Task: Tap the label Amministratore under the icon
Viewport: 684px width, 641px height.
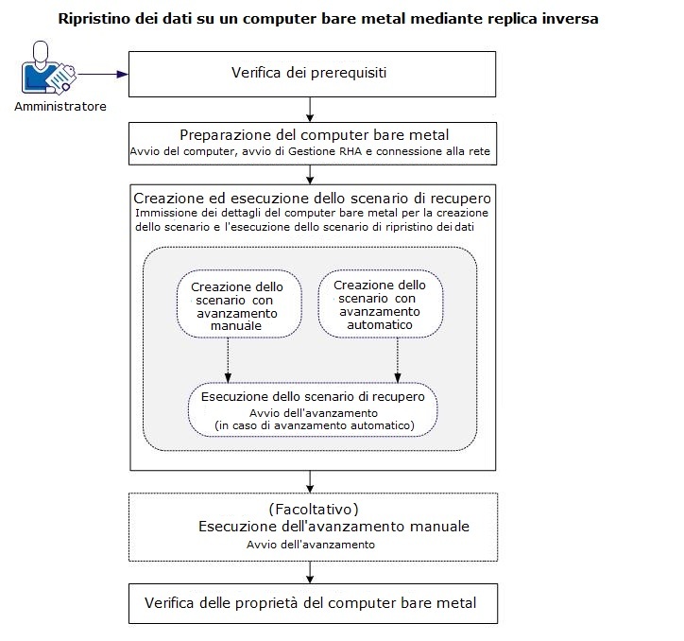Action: (60, 106)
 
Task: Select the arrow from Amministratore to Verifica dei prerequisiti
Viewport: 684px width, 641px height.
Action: (102, 75)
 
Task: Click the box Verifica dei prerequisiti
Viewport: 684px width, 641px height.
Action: (312, 74)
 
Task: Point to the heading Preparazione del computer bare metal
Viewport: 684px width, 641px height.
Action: (312, 134)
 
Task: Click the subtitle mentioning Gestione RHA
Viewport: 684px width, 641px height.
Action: (312, 151)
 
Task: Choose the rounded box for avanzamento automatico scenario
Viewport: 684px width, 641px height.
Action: (381, 304)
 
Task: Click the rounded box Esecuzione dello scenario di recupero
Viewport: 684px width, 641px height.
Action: (313, 409)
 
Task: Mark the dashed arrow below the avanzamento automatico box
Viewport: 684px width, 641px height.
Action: (397, 359)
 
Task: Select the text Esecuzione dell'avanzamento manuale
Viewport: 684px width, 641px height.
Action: (333, 526)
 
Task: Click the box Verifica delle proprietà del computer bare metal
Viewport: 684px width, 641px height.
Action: (312, 602)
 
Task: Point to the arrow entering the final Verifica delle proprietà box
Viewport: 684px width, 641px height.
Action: (311, 572)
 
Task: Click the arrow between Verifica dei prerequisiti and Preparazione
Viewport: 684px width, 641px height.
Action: (311, 108)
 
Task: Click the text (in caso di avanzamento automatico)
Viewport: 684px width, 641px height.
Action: (314, 426)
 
